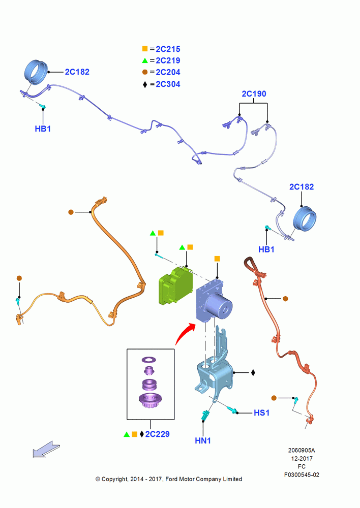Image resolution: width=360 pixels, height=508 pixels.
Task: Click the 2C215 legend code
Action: click(x=168, y=49)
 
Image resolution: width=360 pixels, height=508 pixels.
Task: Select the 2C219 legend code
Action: click(x=168, y=60)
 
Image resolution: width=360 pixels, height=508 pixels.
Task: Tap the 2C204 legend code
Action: click(x=168, y=72)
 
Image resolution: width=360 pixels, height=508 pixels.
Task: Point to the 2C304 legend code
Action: click(x=168, y=84)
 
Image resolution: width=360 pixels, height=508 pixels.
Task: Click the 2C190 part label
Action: click(x=254, y=94)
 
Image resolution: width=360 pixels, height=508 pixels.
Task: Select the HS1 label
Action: click(x=262, y=412)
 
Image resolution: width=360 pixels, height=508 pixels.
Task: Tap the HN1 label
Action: click(x=203, y=440)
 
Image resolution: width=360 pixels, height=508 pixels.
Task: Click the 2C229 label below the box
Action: click(x=157, y=434)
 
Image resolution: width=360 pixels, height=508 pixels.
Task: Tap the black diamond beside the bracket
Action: click(x=253, y=372)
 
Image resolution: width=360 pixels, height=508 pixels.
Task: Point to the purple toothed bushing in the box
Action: click(x=150, y=400)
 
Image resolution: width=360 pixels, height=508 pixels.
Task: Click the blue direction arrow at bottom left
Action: click(x=46, y=450)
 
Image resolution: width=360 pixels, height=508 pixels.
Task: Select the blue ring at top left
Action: click(x=36, y=72)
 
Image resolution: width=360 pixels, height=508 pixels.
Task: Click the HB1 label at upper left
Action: click(x=43, y=129)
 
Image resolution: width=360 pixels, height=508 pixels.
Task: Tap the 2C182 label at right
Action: click(x=302, y=187)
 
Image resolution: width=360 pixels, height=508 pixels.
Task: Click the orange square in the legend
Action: click(x=145, y=49)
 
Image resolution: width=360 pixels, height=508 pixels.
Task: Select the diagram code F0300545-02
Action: click(x=302, y=475)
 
